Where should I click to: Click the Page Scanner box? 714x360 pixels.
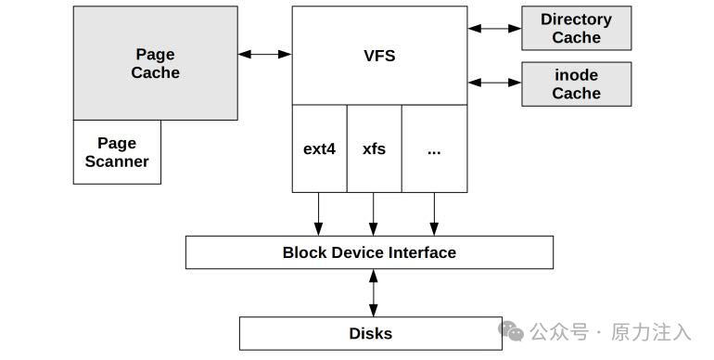(117, 152)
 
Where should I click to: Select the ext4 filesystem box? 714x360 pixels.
(319, 148)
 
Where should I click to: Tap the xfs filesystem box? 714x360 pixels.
(375, 148)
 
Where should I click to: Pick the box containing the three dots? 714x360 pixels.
(434, 148)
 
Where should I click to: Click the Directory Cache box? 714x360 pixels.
(577, 28)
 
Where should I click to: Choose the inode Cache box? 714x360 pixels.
(577, 84)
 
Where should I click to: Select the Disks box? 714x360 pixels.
(371, 334)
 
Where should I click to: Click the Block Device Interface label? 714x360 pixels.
(369, 252)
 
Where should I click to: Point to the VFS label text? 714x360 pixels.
(379, 56)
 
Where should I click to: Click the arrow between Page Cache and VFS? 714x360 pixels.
(264, 54)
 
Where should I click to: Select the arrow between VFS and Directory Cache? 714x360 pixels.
(494, 28)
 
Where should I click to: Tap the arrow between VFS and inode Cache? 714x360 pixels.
(494, 83)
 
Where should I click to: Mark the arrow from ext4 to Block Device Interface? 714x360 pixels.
(319, 214)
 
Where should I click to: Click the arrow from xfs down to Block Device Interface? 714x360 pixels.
(374, 214)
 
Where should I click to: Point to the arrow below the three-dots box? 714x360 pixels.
(434, 214)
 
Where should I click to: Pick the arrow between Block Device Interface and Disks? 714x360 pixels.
(374, 293)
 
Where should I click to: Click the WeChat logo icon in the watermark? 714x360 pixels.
(511, 331)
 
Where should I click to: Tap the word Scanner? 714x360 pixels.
(117, 161)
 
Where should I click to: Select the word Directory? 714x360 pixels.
(577, 19)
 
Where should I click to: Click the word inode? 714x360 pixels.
(577, 75)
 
